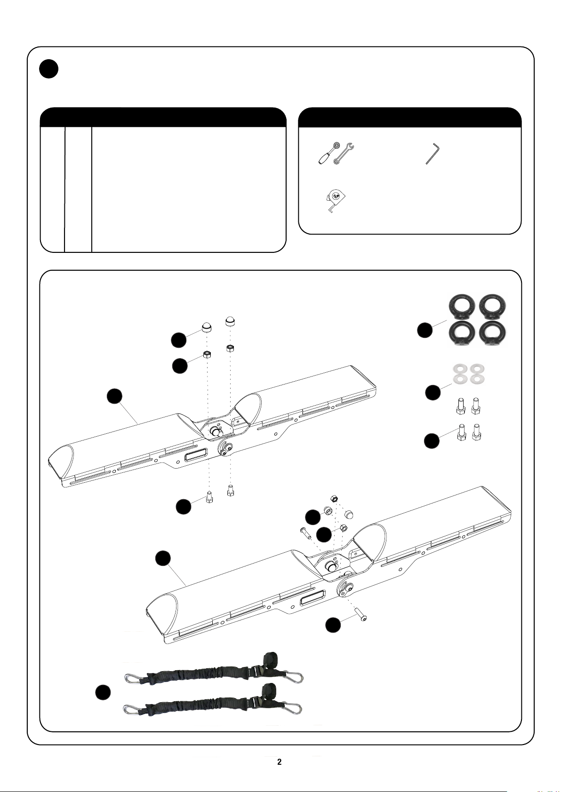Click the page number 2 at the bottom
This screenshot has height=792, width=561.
coord(279,761)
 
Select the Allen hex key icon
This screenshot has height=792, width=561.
coord(432,154)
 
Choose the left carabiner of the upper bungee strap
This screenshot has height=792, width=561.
coord(135,676)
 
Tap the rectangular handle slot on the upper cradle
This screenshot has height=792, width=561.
coord(196,454)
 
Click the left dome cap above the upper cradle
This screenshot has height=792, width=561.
coord(207,328)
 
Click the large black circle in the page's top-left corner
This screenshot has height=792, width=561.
coord(49,69)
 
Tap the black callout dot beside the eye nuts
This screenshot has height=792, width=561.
coord(425,330)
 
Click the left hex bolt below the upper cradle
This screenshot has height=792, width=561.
coord(209,497)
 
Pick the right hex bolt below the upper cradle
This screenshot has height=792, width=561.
coord(231,491)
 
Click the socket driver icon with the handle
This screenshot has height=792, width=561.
coord(329,154)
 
